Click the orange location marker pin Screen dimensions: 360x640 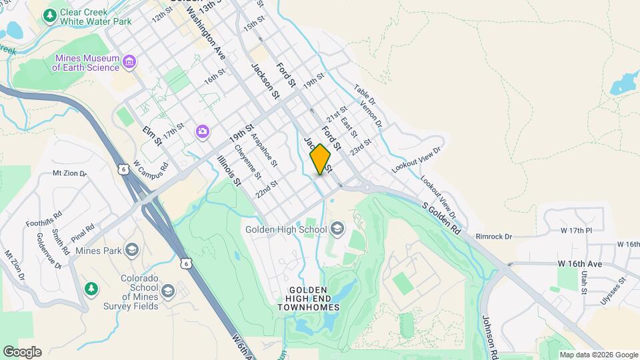tap(321, 159)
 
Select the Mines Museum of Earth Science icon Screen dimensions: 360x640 tap(129, 63)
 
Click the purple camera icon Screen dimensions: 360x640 tap(202, 131)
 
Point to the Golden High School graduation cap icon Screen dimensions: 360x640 tap(337, 230)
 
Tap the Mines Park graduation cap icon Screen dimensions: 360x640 tap(132, 251)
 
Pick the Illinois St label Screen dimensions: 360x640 tap(229, 170)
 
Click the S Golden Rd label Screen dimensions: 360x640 tap(441, 218)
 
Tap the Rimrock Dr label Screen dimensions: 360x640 tap(494, 236)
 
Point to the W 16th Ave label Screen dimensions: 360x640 tap(580, 264)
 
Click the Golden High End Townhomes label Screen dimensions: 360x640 tap(308, 299)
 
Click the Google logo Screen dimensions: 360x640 tap(21, 352)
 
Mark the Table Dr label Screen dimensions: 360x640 tap(365, 95)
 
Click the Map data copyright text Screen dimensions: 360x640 tap(599, 355)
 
